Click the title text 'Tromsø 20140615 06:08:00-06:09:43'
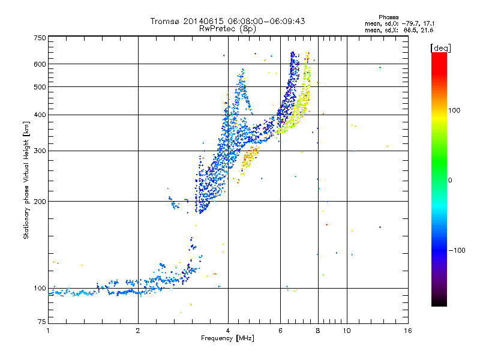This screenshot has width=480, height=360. [x=228, y=21]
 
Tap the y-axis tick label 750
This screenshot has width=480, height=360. [x=40, y=38]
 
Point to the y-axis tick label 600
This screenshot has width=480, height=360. [x=40, y=64]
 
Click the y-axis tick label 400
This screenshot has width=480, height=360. [x=40, y=115]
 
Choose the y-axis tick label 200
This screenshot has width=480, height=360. [x=40, y=202]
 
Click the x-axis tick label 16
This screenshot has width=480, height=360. [x=407, y=331]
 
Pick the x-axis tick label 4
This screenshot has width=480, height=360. [x=228, y=331]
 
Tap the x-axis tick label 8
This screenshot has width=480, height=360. [x=318, y=331]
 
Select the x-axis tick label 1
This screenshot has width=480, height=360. [x=48, y=331]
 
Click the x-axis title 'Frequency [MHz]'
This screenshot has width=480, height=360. [x=227, y=339]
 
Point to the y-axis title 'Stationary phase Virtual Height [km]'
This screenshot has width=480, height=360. [x=26, y=179]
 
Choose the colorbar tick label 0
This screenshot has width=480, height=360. [x=451, y=180]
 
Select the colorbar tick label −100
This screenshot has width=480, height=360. [x=458, y=250]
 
